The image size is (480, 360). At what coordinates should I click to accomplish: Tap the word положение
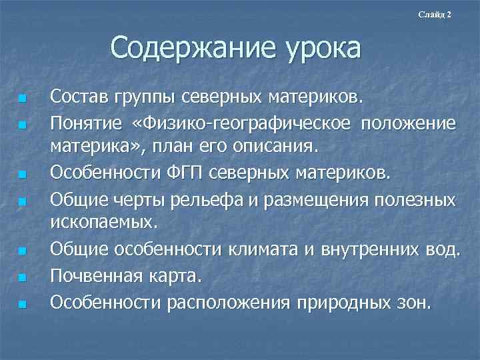(x=411, y=124)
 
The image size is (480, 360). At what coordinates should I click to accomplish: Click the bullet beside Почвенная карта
(x=23, y=276)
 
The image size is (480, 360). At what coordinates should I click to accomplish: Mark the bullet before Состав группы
(x=23, y=100)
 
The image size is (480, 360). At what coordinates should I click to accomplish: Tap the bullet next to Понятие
(x=23, y=125)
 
